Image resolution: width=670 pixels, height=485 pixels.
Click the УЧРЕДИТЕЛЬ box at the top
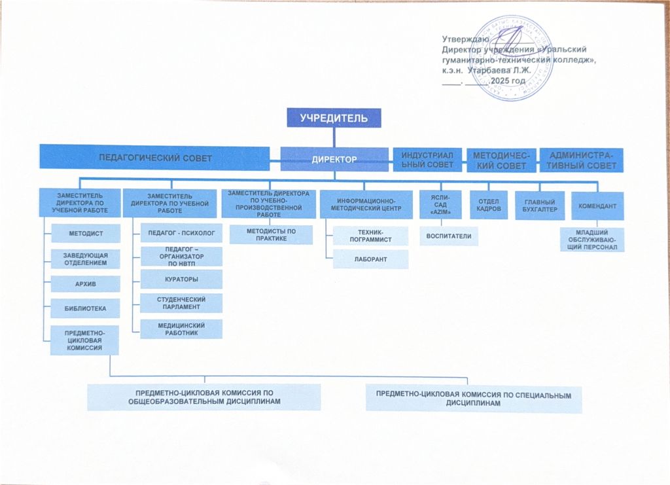point(334,118)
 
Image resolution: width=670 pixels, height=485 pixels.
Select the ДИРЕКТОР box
point(334,159)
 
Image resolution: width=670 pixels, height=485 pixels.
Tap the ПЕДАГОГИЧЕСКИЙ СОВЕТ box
point(154,158)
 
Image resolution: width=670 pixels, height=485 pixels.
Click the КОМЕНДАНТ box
point(597,206)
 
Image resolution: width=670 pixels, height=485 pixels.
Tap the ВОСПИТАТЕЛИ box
point(449,236)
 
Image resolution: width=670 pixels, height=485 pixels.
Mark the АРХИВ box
point(86,283)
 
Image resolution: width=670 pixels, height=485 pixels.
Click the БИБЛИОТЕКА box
point(86,308)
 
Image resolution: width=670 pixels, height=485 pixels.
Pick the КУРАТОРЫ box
point(181,279)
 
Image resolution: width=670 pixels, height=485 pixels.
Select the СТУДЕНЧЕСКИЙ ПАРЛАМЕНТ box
point(181,303)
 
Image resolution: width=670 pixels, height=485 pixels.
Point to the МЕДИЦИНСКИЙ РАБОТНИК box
point(181,329)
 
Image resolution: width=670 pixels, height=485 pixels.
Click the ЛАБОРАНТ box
point(370,259)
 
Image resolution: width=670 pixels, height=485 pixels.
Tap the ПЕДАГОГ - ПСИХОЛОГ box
point(181,232)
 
